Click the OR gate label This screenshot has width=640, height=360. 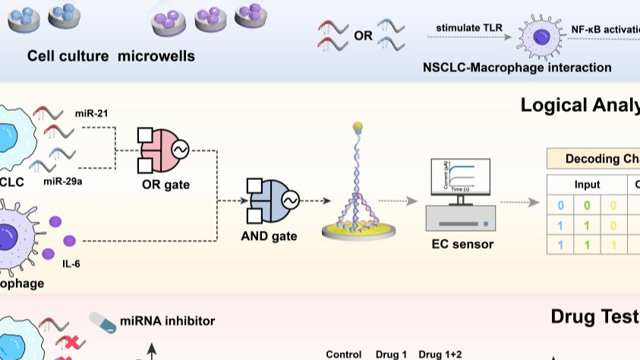(x=165, y=184)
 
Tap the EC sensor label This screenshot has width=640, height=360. (x=462, y=244)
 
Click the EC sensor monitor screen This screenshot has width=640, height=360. (x=460, y=176)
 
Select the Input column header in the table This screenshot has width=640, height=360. (x=585, y=185)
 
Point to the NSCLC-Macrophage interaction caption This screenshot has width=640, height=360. (x=517, y=68)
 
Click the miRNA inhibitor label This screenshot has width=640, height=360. (x=167, y=321)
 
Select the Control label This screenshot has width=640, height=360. (x=343, y=354)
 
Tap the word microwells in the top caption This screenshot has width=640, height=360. (x=156, y=56)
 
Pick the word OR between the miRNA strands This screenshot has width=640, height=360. (x=363, y=35)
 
